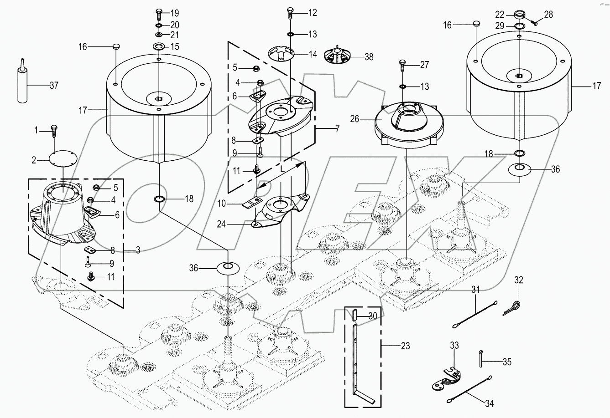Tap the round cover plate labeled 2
63,160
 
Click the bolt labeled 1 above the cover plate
53,131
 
